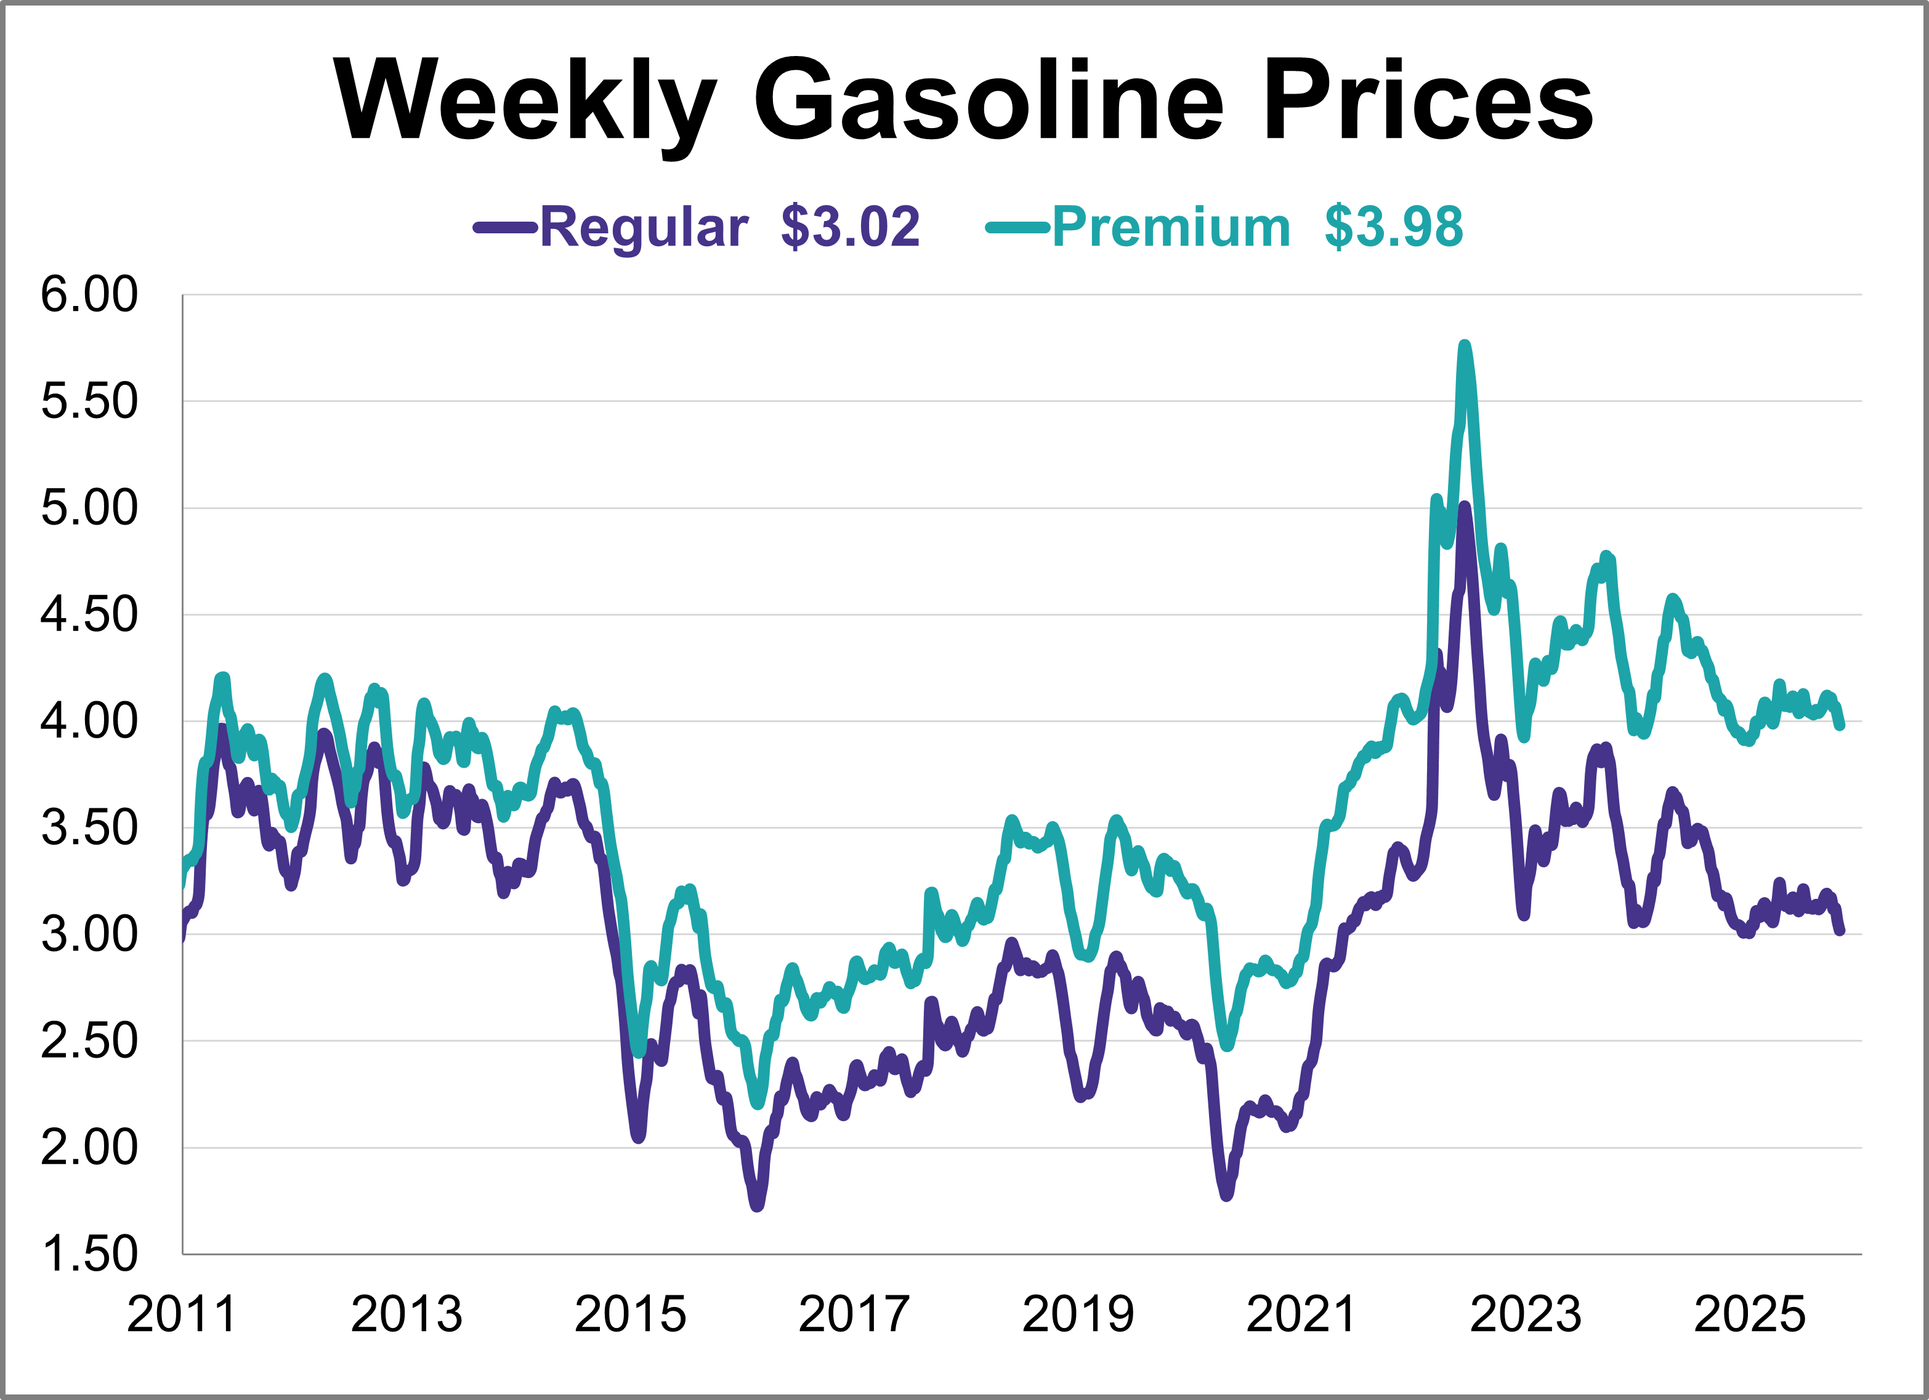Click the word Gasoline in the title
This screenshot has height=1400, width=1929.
coord(987,100)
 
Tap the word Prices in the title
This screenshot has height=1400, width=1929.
coord(1428,100)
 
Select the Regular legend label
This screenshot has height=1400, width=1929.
coord(644,227)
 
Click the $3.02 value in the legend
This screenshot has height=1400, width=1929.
coord(850,227)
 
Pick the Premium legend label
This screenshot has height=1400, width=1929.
coord(1171,227)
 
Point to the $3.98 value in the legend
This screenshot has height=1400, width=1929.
coord(1393,227)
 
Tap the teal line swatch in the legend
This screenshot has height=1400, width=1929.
coord(1017,227)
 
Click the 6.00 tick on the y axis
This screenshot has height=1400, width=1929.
coord(89,295)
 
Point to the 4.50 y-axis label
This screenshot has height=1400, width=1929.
coord(89,614)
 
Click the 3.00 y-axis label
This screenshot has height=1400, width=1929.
coord(89,934)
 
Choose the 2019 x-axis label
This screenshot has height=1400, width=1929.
coord(1078,1314)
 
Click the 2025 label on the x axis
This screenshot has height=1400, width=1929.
coord(1750,1314)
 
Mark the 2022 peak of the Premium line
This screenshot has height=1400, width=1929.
coord(1464,345)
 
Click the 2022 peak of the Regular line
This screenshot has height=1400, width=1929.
coord(1464,507)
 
